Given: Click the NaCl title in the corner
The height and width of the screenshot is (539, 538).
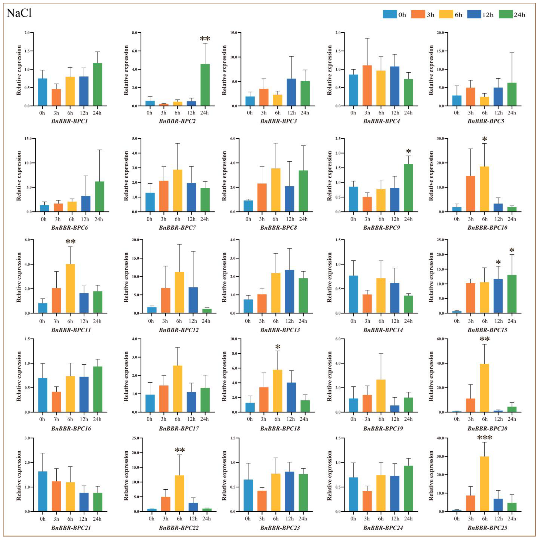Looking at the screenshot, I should click(x=19, y=13).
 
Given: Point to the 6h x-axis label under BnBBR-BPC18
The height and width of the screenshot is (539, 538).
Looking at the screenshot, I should click(x=277, y=419).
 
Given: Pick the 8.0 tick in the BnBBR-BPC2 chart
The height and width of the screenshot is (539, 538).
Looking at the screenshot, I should click(x=134, y=33).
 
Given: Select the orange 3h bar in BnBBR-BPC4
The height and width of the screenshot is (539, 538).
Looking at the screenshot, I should click(x=367, y=85).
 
